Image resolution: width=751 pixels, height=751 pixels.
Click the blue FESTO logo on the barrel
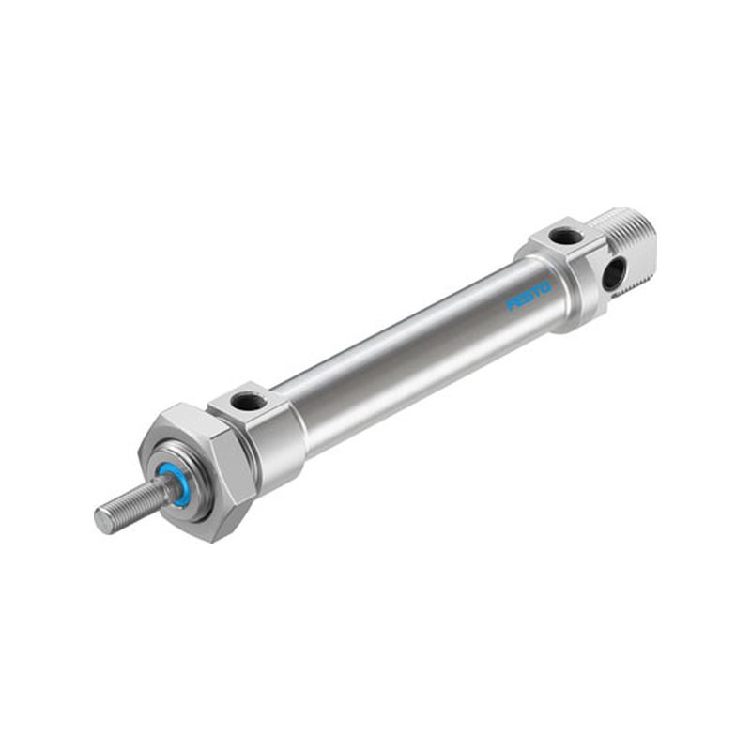pos(529,297)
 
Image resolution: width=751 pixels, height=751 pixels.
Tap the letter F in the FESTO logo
pos(512,306)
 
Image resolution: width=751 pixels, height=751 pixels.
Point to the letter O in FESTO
pos(546,288)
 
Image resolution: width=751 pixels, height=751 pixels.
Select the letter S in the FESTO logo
pos(529,297)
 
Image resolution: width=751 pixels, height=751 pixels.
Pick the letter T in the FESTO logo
pos(537,292)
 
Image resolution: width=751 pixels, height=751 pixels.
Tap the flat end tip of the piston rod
pos(101,520)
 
